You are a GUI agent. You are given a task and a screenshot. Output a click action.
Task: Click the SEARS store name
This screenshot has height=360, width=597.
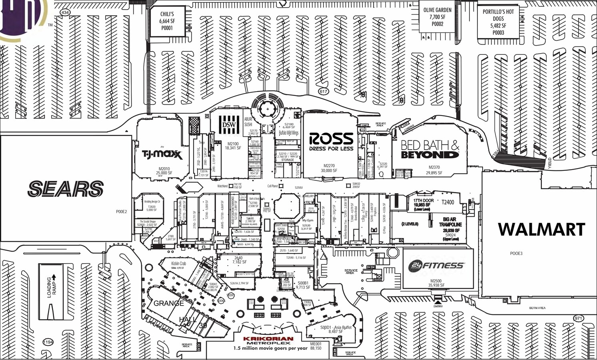pos(66,189)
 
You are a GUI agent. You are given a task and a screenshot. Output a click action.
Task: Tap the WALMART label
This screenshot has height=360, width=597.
pos(541,230)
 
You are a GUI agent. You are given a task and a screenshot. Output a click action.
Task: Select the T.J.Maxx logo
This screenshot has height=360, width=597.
pos(162,154)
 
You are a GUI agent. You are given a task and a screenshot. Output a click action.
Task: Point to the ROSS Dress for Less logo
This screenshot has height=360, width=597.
pos(331,142)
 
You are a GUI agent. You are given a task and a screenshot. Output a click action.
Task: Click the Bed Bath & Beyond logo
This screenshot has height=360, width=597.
pos(430,149)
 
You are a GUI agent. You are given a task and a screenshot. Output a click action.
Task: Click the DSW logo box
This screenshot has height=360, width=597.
pos(229,125)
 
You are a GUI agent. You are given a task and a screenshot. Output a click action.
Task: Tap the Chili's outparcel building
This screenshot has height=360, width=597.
pos(167,21)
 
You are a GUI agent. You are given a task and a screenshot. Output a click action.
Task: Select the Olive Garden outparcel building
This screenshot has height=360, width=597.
pos(437,17)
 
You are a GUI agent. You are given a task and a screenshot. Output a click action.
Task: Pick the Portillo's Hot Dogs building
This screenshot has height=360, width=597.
pos(498,22)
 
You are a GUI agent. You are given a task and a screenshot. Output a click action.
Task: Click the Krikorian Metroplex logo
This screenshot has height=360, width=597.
pos(268,341)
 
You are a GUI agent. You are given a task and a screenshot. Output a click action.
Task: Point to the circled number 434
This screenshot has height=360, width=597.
pos(65,12)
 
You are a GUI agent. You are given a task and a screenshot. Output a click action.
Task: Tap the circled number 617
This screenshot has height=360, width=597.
pos(323,91)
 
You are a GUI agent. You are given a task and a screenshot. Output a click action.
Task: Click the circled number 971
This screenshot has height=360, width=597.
pos(578,318)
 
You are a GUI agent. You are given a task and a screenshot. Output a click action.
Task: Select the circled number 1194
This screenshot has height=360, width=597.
pos(48,342)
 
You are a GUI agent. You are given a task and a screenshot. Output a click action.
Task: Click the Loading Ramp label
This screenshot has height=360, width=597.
pos(52,286)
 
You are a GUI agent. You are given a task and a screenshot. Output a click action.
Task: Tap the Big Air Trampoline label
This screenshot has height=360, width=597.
pos(450,222)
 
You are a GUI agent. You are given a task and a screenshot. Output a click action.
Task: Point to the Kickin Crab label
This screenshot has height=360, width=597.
pos(178,264)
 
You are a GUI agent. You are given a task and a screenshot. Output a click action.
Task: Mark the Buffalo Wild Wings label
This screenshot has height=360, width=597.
pos(289,133)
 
